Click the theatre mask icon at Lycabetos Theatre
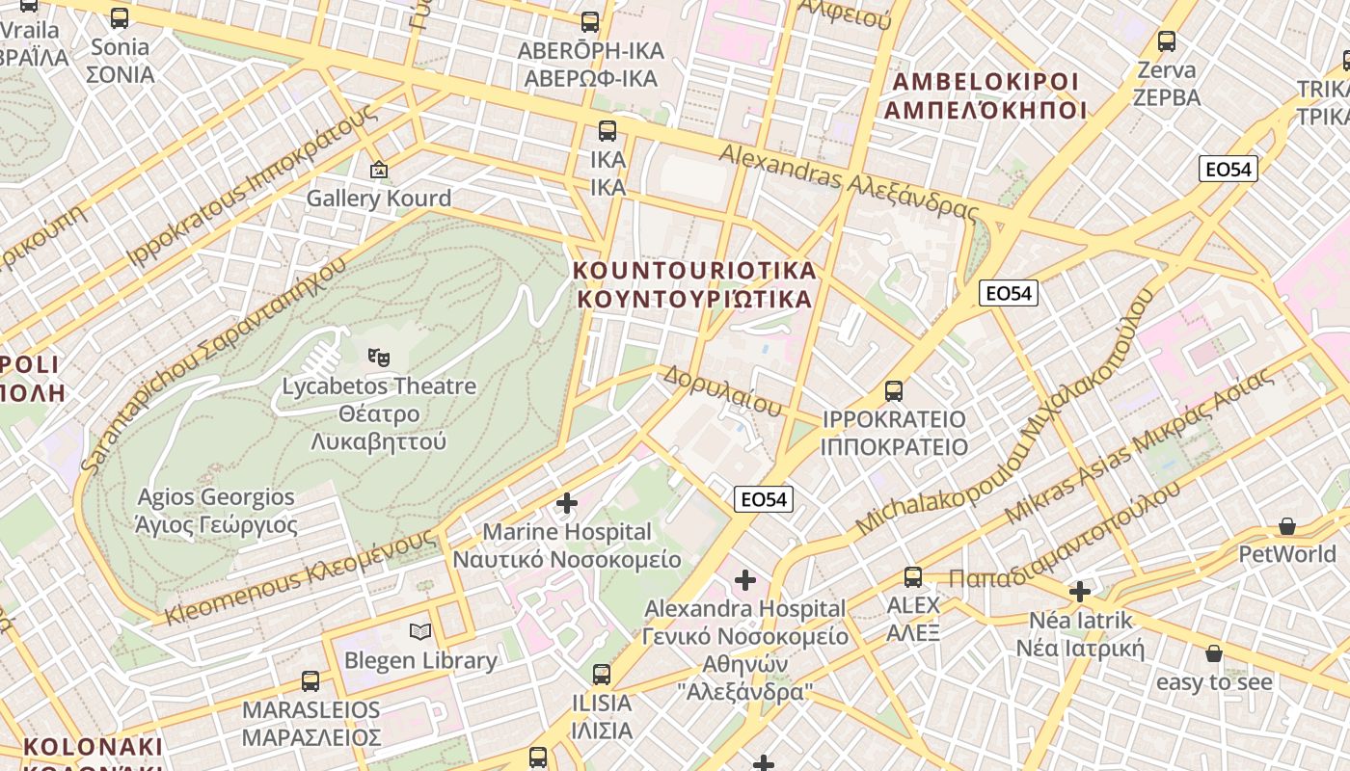click(x=379, y=358)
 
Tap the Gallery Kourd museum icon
click(x=379, y=171)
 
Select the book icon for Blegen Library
click(x=419, y=632)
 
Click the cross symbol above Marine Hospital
click(x=567, y=503)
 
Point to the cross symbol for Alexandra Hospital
click(x=744, y=580)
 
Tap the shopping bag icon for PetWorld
click(x=1286, y=526)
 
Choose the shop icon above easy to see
click(x=1213, y=654)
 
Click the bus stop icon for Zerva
click(x=1167, y=41)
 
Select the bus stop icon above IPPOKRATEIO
click(x=894, y=391)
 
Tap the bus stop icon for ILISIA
click(x=602, y=675)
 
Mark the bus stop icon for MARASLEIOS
click(x=310, y=681)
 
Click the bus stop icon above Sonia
click(x=120, y=18)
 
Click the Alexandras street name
click(x=849, y=181)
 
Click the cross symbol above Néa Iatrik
click(x=1080, y=591)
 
